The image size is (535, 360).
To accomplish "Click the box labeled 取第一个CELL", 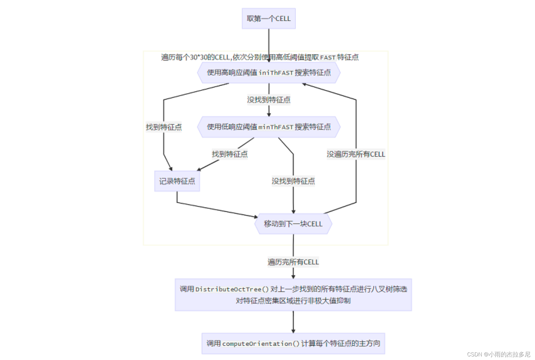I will tap(268, 19).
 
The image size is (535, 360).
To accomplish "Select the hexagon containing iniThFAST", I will tap(268, 73).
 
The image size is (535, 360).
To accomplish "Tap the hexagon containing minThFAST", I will tap(268, 127).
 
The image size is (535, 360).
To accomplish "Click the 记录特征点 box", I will tap(177, 181).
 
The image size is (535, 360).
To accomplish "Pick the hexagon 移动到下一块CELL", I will tap(293, 224).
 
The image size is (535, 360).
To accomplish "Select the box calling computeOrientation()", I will tap(293, 344).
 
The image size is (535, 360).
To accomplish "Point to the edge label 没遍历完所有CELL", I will tap(356, 154).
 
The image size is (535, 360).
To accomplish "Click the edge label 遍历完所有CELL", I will tap(293, 262).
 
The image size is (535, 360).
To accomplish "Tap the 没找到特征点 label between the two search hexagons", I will tap(268, 100).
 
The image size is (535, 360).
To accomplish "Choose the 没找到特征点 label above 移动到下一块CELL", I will tap(293, 181).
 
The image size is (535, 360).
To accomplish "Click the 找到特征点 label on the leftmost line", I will tap(164, 127).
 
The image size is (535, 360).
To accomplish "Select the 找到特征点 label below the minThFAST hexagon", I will tap(230, 154).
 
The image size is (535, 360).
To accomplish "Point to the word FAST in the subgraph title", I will tap(328, 58).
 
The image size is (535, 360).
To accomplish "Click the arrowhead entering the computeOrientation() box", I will tap(293, 331).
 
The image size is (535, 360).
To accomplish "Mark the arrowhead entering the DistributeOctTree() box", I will tap(293, 277).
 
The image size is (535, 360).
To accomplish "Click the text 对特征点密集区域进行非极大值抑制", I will tap(293, 301).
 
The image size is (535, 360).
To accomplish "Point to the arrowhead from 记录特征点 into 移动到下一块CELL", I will tap(256, 216).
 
